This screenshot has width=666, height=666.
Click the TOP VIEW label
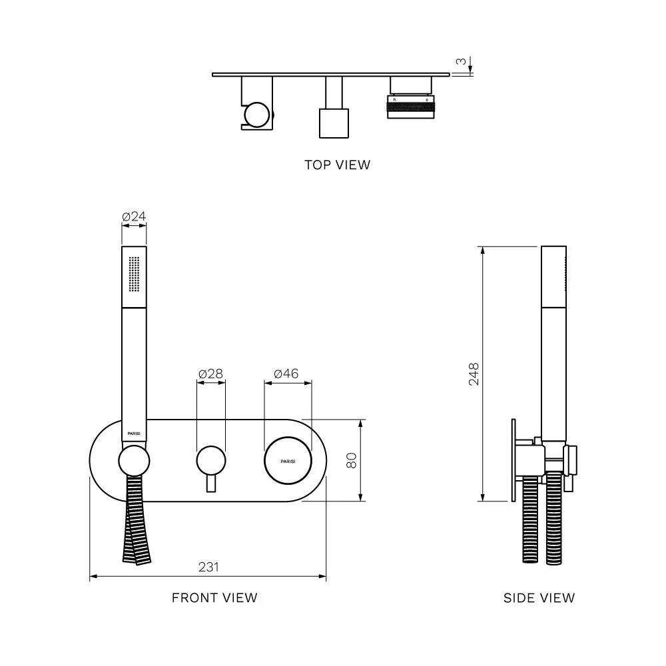(x=337, y=165)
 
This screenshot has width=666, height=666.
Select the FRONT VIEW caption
(x=214, y=597)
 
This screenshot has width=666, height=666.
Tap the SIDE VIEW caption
(x=539, y=598)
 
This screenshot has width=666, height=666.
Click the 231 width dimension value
(x=208, y=567)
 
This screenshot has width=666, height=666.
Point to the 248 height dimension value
(x=474, y=374)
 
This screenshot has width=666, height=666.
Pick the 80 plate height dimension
(x=352, y=460)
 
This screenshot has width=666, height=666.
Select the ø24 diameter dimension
(x=134, y=216)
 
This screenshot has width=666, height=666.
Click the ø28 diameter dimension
(x=211, y=374)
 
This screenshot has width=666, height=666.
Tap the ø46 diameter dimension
(x=287, y=374)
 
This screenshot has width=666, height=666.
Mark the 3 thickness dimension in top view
(x=460, y=62)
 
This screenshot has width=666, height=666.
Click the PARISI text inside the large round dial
(x=288, y=461)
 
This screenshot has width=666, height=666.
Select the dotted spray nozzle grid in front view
(x=134, y=273)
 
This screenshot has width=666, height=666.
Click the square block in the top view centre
(x=334, y=123)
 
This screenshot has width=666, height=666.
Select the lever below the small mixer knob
(x=211, y=484)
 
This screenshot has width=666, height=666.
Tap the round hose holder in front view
(x=134, y=461)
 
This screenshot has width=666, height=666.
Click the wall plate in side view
(x=513, y=460)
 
